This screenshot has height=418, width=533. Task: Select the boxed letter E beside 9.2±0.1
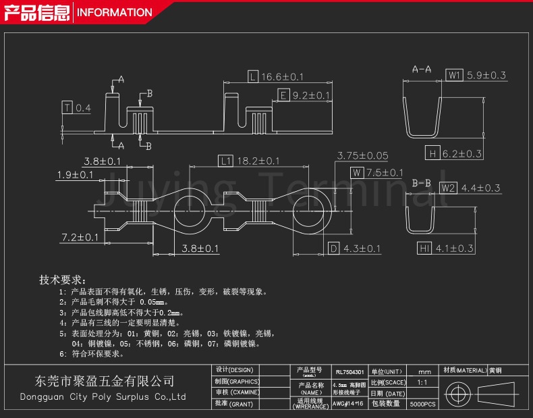pos(283,95)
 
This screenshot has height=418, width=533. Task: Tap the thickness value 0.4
pos(84,108)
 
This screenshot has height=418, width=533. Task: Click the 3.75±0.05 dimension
pos(363,155)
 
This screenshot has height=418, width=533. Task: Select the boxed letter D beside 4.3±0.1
pos(333,249)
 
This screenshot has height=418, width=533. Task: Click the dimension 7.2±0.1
pos(80,237)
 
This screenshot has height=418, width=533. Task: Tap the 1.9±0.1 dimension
pos(75,175)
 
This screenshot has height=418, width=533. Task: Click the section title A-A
pos(422,69)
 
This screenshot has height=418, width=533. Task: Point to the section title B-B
pos(422,183)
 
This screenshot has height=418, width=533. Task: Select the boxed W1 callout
pos(454,76)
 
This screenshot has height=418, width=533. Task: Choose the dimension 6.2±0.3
pos(462,153)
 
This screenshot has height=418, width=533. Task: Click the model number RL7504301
pos(349,372)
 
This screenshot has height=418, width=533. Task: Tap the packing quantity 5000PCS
pos(423,404)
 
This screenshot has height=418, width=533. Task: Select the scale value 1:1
pos(422,382)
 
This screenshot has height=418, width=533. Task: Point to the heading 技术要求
pos(61,280)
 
